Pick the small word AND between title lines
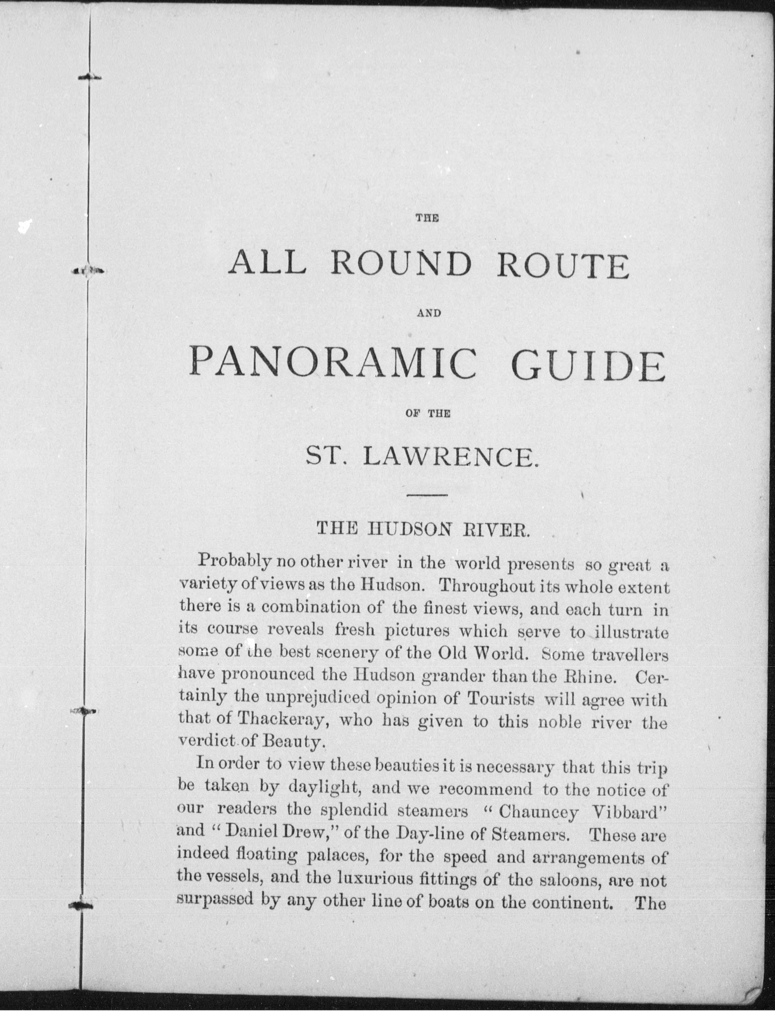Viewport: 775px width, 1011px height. pos(429,313)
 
